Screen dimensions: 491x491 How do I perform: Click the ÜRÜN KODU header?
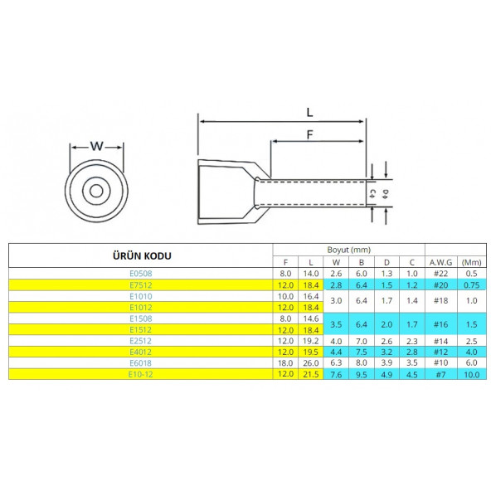point(142,255)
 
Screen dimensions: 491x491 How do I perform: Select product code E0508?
point(141,274)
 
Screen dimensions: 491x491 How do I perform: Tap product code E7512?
point(141,285)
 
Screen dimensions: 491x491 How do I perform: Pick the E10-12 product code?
point(141,374)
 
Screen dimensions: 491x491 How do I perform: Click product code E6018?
point(141,363)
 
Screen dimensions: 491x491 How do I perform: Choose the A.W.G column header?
point(441,262)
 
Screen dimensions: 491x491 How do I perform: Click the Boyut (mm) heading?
point(349,250)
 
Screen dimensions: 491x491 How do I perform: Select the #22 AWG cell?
point(441,274)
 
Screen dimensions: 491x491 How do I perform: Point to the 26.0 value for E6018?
point(311,363)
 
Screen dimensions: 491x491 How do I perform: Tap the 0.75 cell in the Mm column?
point(472,285)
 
